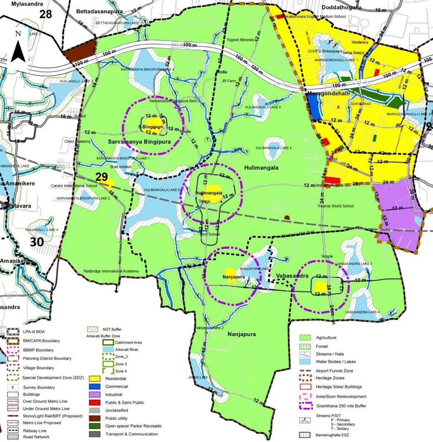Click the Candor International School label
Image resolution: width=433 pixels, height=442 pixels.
click(74, 186)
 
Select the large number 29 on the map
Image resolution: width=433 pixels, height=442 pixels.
click(102, 177)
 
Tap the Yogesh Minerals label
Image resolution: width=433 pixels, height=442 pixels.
click(240, 40)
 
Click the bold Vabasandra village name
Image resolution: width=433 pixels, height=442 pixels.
click(292, 276)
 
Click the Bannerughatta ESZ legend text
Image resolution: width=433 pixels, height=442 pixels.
click(335, 435)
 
